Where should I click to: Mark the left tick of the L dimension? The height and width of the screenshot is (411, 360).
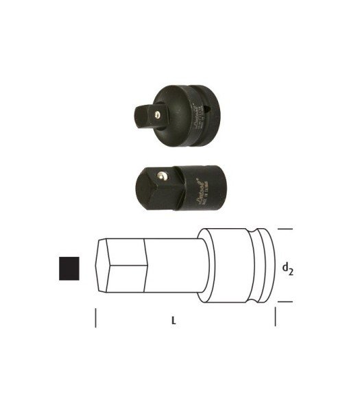pyautogui.click(x=95, y=317)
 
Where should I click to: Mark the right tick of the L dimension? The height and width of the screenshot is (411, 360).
pyautogui.click(x=275, y=317)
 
